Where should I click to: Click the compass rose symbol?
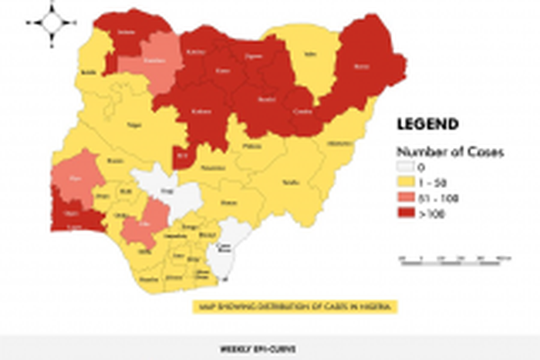point(52,23)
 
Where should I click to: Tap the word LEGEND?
point(427,123)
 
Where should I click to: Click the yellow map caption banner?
point(293,307)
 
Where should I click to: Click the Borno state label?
point(361,67)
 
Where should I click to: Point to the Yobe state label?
point(311,55)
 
